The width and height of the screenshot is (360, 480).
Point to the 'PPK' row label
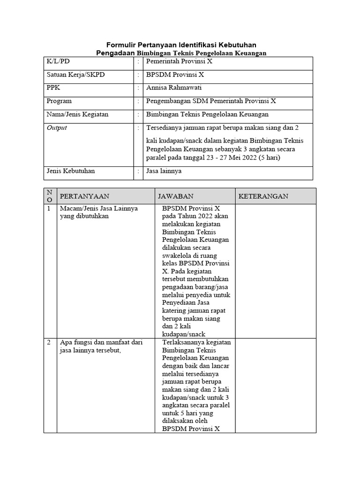(x=53, y=88)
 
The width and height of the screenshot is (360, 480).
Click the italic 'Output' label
(x=57, y=127)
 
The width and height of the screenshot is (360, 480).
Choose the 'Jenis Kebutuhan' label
(x=70, y=171)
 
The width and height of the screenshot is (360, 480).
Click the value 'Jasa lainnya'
(x=164, y=171)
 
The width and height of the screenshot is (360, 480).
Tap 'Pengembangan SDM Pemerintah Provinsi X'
(x=211, y=101)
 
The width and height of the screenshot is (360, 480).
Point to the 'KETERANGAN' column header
(x=263, y=196)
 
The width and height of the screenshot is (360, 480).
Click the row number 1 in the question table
(x=49, y=209)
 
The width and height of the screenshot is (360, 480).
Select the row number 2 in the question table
(x=49, y=343)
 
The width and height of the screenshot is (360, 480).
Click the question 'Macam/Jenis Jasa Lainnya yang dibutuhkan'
(x=98, y=212)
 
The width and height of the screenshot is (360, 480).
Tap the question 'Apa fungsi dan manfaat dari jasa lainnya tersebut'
(x=101, y=346)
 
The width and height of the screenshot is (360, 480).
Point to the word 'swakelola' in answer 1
(x=176, y=255)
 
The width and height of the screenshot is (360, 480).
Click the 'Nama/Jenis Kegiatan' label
(x=77, y=114)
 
